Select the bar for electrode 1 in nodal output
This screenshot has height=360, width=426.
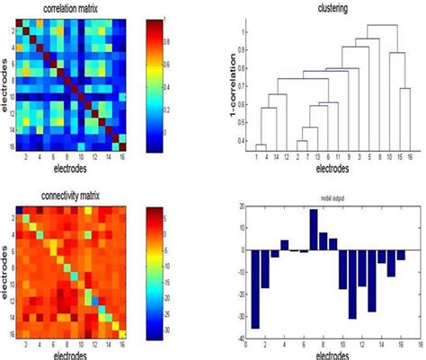pyautogui.click(x=255, y=289)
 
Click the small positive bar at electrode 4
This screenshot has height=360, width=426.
pyautogui.click(x=284, y=244)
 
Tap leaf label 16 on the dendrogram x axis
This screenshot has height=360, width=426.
pyautogui.click(x=409, y=158)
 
